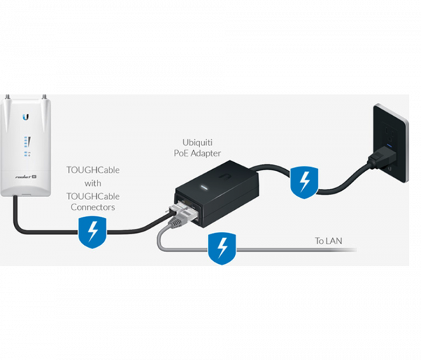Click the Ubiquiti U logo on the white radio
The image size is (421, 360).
pyautogui.click(x=26, y=116)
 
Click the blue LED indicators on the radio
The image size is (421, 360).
pyautogui.click(x=27, y=145)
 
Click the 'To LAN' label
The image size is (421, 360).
pyautogui.click(x=328, y=241)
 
